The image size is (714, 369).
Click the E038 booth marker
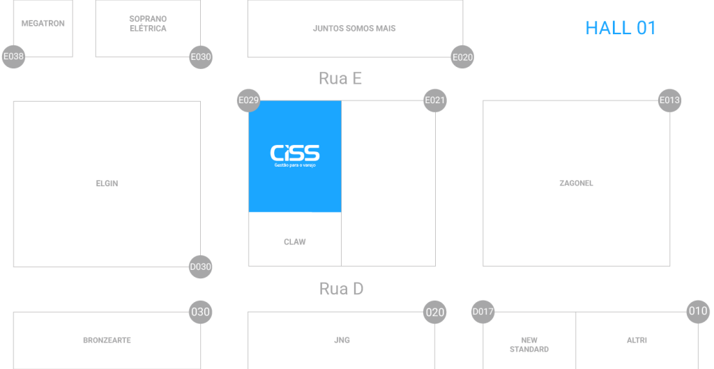click(13, 57)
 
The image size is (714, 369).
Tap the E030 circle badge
click(201, 57)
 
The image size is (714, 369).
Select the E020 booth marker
click(462, 57)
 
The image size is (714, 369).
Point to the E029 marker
click(249, 100)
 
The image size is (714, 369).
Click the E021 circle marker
click(435, 100)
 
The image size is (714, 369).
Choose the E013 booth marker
click(670, 100)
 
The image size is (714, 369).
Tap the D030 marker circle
click(201, 266)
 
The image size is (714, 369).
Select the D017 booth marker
click(483, 312)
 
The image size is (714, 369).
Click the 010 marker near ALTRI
click(698, 312)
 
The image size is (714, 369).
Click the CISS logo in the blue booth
click(295, 155)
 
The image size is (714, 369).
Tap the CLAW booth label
click(295, 242)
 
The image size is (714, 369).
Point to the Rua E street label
click(340, 78)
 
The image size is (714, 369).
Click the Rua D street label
click(341, 288)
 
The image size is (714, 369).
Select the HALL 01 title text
click(621, 29)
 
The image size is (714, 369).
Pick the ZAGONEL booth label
click(576, 183)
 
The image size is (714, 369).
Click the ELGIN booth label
click(107, 183)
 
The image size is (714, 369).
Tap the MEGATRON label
click(43, 24)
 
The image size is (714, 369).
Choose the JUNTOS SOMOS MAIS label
click(354, 29)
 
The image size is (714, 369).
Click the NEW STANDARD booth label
click(529, 345)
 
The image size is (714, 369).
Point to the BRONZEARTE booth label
click(107, 340)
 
